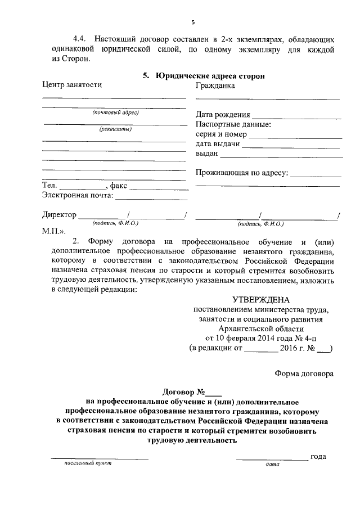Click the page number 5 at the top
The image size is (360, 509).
[192, 22]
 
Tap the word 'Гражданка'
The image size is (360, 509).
[215, 85]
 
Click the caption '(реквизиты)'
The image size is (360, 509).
[115, 129]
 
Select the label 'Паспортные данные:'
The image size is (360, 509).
[233, 124]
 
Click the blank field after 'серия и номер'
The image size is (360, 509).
[296, 135]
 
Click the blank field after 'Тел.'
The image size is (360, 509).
[82, 186]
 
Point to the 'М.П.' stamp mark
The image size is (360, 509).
[53, 231]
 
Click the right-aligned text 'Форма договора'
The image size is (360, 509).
[303, 373]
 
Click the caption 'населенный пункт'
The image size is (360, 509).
[88, 464]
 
